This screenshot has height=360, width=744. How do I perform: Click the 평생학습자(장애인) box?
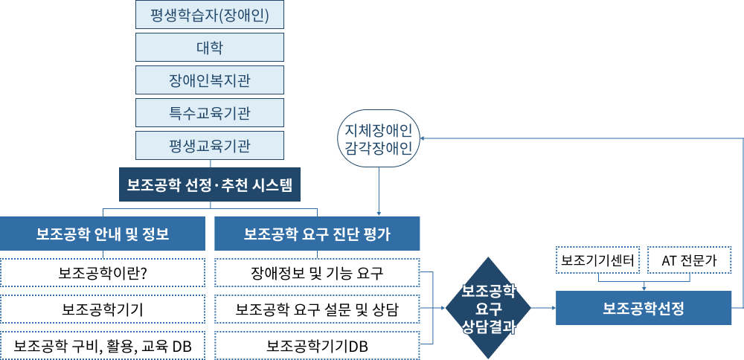point(210,14)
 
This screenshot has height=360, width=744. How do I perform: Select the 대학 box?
point(210,48)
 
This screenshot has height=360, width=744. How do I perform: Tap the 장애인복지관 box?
point(210,80)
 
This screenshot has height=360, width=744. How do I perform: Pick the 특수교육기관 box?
point(210,113)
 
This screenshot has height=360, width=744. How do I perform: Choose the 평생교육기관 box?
point(210,146)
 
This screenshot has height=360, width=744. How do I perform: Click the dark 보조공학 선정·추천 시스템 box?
point(210,184)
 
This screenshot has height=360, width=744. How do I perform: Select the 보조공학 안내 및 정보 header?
point(103,234)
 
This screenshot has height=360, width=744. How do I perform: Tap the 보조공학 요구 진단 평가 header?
point(317,234)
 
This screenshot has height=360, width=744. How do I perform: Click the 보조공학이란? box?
point(103,273)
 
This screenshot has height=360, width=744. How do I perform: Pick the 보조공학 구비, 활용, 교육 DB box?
point(103,346)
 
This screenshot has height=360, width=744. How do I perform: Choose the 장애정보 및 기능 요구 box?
point(317,273)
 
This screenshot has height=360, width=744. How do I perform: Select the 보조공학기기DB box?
point(317,346)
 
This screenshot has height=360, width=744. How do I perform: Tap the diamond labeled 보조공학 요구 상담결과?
point(489,309)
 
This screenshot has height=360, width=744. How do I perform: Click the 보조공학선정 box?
point(644,308)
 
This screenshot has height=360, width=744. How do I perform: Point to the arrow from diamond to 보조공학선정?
point(544,308)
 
